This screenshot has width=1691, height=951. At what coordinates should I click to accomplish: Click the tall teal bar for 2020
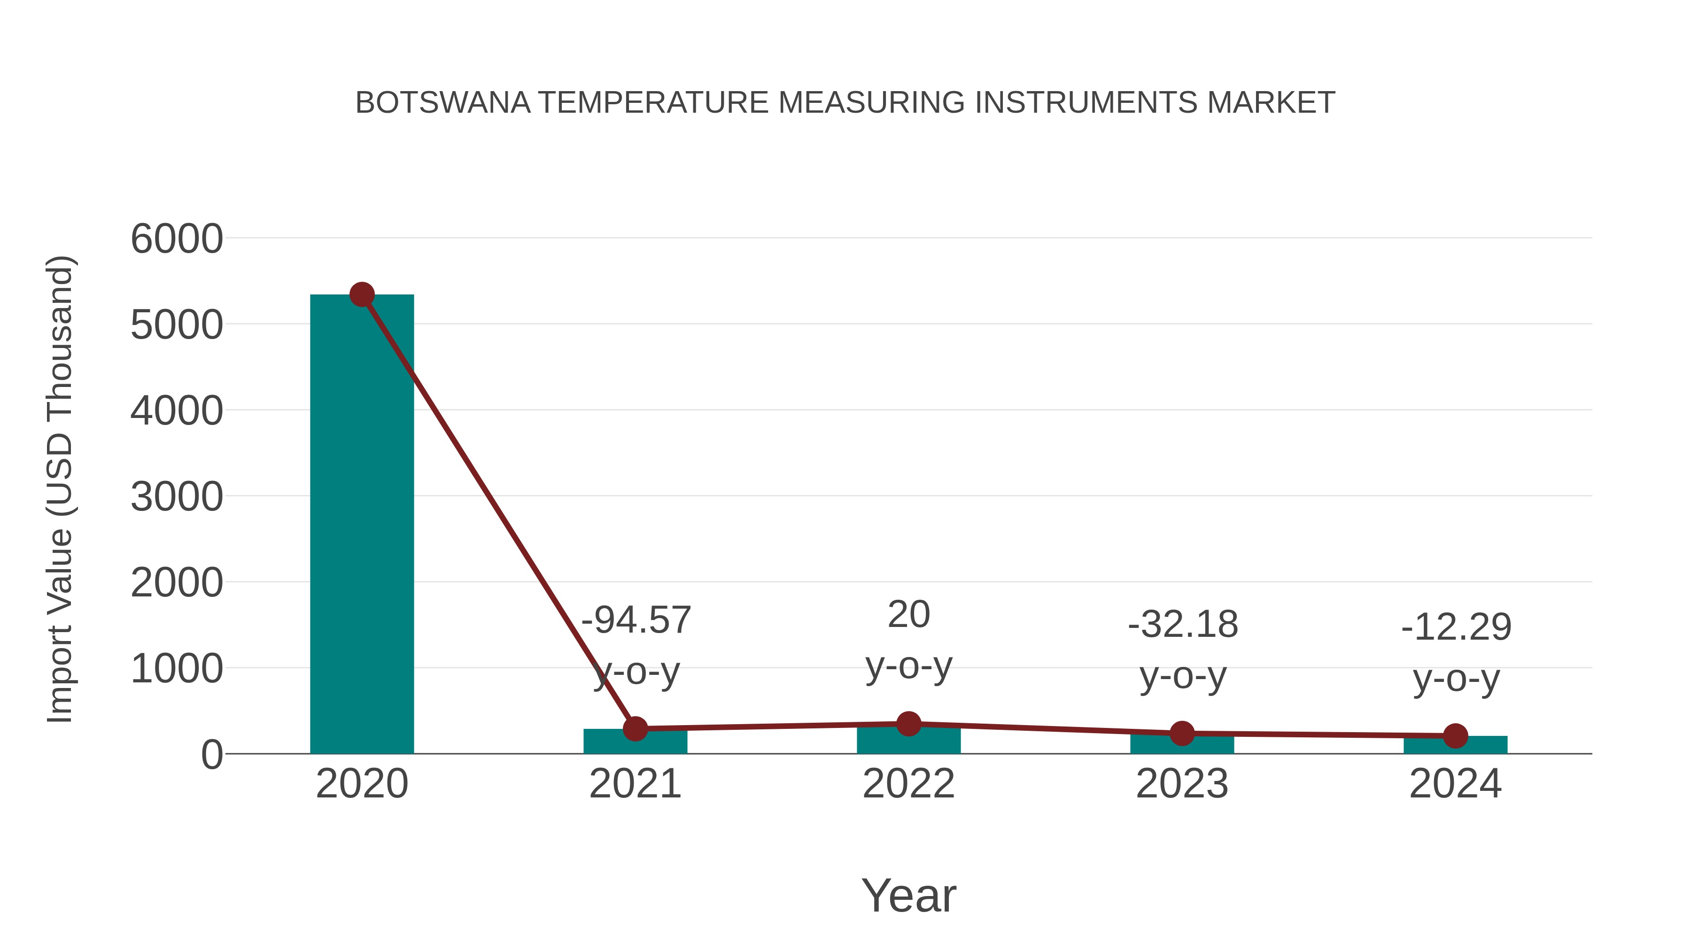click(362, 525)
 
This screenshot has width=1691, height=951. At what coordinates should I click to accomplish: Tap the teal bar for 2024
click(1455, 746)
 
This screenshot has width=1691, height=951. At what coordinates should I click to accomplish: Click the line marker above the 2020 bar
click(362, 294)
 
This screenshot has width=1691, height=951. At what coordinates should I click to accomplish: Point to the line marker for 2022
click(908, 724)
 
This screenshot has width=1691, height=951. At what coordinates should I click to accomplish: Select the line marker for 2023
click(1182, 733)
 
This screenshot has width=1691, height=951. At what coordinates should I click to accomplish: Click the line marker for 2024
click(1455, 736)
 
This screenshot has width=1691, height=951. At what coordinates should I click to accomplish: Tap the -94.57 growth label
click(636, 620)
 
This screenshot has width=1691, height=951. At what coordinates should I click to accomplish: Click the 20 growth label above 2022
click(908, 615)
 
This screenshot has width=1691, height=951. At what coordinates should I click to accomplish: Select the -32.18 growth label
click(1183, 624)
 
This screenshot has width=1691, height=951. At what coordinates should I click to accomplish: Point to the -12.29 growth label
click(1456, 627)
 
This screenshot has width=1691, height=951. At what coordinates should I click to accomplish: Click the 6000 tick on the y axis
click(177, 239)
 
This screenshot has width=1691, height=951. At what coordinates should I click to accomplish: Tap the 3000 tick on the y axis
click(177, 497)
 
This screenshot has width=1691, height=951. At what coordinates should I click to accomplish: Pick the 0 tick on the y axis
click(211, 755)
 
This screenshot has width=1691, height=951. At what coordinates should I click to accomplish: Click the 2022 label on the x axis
click(908, 784)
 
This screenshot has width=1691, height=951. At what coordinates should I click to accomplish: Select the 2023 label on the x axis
click(1182, 784)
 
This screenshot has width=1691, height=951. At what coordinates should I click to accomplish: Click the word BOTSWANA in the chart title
click(442, 103)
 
